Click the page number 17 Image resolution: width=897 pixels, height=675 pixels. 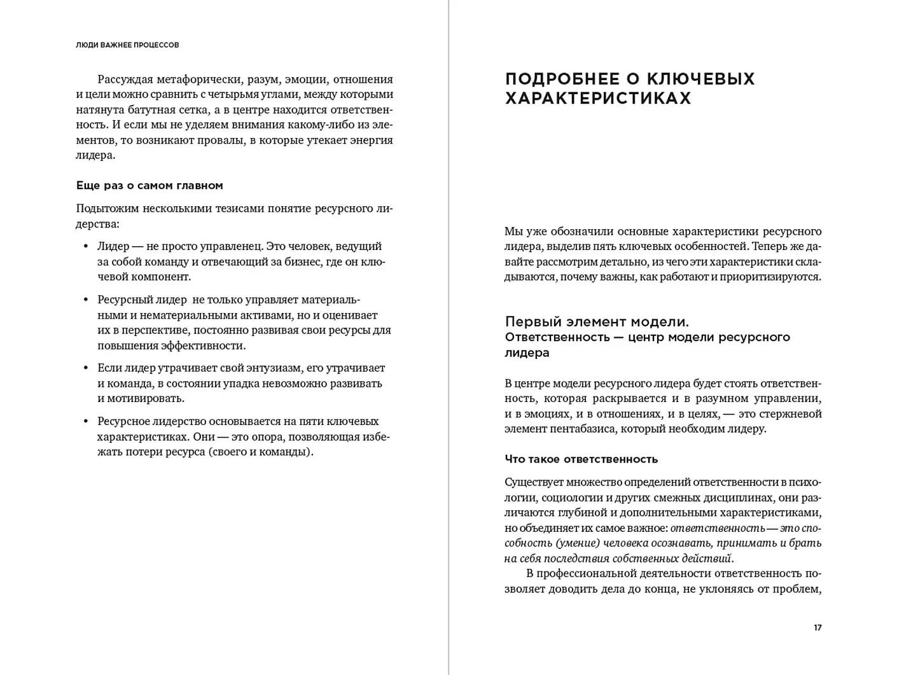coord(817,628)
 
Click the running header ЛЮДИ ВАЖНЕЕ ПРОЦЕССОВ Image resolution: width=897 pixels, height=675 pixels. coord(127,45)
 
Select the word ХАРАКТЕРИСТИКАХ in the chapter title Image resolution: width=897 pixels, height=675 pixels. coord(598,99)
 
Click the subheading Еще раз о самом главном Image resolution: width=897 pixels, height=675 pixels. coord(149,186)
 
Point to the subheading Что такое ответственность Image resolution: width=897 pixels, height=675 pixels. coord(581,459)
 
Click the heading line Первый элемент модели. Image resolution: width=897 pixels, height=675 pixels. coord(597,321)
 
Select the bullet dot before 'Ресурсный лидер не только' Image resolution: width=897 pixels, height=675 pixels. coord(86,300)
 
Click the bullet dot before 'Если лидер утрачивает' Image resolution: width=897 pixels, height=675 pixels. coord(86,368)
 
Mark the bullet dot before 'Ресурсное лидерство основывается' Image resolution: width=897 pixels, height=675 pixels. coord(86,422)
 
